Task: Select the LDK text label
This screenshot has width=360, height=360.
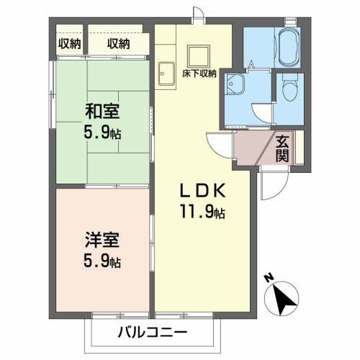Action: pyautogui.click(x=204, y=191)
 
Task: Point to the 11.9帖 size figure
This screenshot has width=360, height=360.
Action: pyautogui.click(x=204, y=212)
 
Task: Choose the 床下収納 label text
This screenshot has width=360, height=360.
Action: pyautogui.click(x=199, y=73)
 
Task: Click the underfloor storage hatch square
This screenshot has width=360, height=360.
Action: pyautogui.click(x=198, y=56)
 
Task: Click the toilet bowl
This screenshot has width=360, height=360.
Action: pyautogui.click(x=289, y=89)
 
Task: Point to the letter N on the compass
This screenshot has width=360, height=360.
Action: pyautogui.click(x=267, y=276)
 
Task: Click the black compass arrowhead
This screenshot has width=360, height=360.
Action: pyautogui.click(x=287, y=297)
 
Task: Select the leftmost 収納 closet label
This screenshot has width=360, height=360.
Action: pyautogui.click(x=69, y=43)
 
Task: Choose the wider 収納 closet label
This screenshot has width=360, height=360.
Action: pyautogui.click(x=119, y=43)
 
